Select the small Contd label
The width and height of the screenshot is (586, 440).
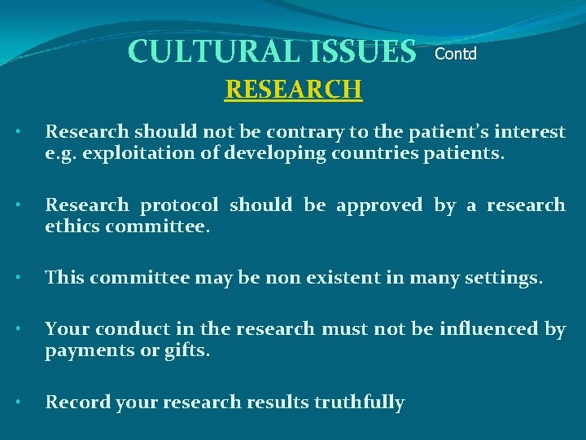tap(456, 55)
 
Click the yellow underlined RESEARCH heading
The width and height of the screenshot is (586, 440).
tap(293, 88)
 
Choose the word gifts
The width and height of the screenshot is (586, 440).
tap(184, 351)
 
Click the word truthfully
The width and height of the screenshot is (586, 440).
tap(359, 403)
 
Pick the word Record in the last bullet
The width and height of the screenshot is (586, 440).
tap(75, 403)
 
